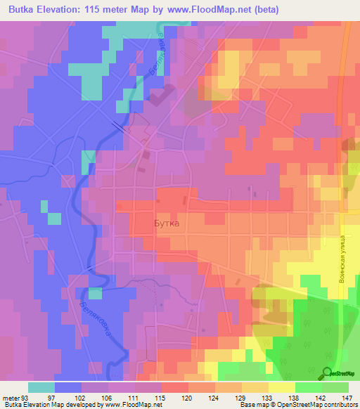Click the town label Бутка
(x=167, y=223)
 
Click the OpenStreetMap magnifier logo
(x=328, y=372)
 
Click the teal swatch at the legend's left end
(x=41, y=387)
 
